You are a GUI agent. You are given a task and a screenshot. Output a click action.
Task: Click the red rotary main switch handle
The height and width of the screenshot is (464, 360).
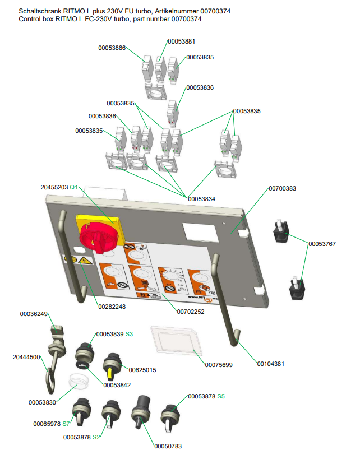click(102, 237)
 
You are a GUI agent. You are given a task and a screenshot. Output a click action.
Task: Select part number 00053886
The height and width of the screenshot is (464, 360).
click(112, 48)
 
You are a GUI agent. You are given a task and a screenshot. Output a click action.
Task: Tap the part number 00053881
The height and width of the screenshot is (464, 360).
click(181, 41)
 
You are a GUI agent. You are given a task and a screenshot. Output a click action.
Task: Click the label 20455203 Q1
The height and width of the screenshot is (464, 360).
click(62, 187)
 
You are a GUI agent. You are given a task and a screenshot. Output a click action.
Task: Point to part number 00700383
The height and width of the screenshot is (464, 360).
click(282, 188)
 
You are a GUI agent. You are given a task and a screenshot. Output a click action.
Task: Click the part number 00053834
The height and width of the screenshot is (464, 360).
click(201, 199)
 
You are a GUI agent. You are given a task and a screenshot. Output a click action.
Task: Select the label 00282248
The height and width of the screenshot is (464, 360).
click(112, 307)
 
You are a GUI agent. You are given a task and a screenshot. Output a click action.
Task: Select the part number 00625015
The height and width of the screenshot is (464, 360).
click(142, 370)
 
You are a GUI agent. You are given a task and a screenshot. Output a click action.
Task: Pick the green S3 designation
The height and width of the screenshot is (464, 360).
click(129, 334)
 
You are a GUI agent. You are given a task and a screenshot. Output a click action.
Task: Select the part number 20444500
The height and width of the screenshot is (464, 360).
click(26, 357)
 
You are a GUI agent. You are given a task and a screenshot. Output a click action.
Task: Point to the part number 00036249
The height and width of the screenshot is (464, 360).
click(34, 314)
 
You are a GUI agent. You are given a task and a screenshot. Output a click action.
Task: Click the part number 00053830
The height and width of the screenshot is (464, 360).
click(42, 402)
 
